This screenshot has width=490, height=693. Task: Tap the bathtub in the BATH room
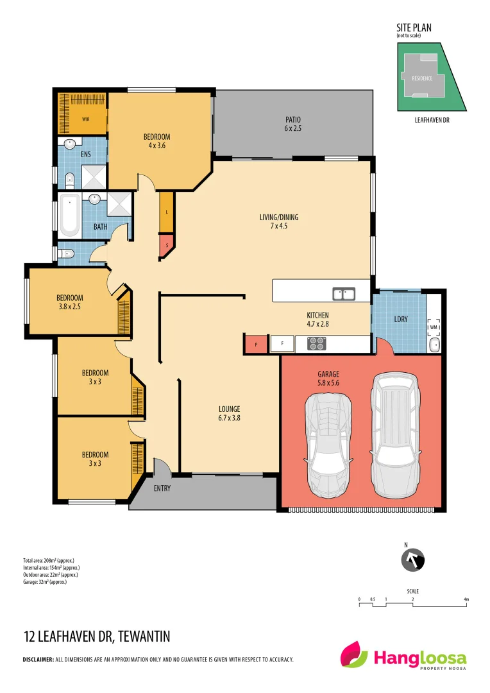70,215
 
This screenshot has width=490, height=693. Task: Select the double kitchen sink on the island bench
344,294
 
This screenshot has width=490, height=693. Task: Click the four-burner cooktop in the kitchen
317,343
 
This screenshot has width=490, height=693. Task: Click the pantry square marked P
256,345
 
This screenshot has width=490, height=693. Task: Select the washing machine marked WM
434,328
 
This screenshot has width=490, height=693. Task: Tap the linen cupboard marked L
167,212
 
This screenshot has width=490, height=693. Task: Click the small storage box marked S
167,244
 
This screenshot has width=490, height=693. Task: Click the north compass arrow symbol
412,560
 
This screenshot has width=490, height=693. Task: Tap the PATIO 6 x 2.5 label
292,124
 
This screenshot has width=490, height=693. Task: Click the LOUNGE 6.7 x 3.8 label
229,413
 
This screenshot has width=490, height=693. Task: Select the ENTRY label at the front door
162,488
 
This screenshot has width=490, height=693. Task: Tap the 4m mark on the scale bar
466,599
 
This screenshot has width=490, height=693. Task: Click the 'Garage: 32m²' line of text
45,582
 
